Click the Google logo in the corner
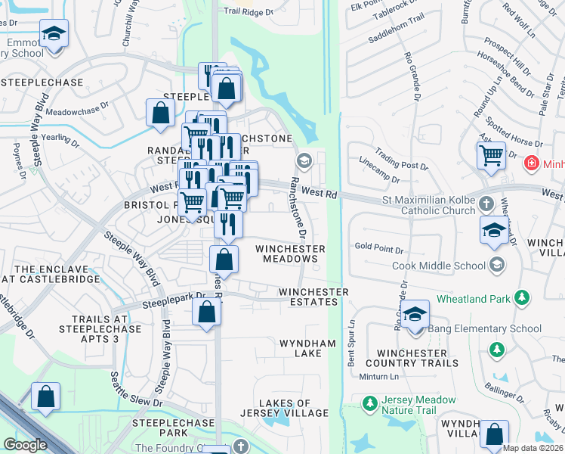(25, 445)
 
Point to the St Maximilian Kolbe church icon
(486, 204)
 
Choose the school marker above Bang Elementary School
(415, 314)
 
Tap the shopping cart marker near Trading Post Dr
(491, 156)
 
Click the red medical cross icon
(532, 163)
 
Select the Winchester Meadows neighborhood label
(290, 253)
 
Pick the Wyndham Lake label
(307, 348)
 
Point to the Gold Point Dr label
(379, 247)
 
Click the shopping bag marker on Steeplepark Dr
(206, 312)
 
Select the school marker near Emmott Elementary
(54, 34)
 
